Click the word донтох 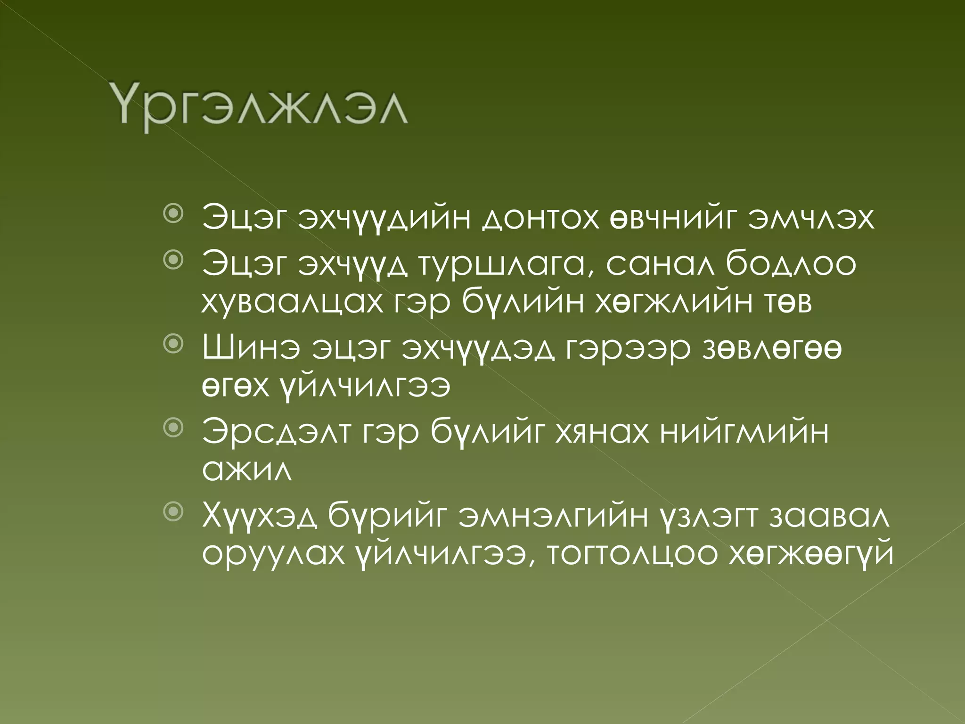[541, 218]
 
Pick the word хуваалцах [293, 302]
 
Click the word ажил [247, 470]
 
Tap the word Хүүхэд [260, 516]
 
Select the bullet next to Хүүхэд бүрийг [173, 511]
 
